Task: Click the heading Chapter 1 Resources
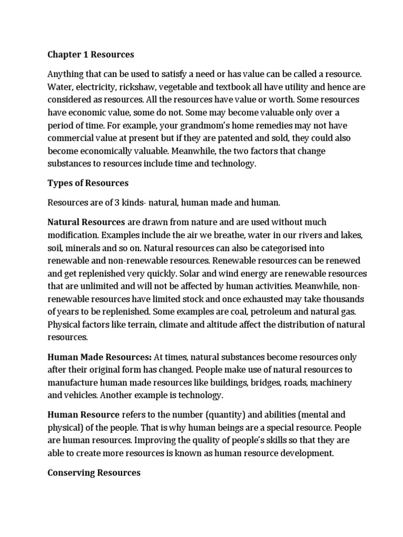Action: [91, 55]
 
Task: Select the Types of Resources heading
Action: [88, 183]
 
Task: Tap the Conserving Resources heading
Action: [94, 472]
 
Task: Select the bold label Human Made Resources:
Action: [100, 357]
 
